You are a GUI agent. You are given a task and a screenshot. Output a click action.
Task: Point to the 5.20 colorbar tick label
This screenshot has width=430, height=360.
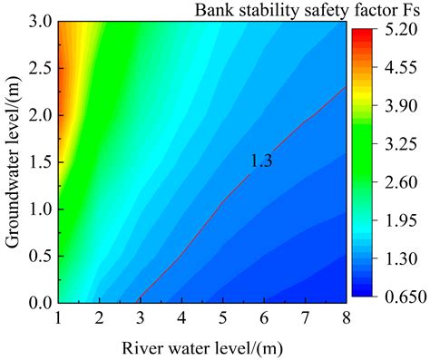click(401, 29)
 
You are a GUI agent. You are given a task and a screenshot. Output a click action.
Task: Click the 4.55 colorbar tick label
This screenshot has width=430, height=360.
click(401, 67)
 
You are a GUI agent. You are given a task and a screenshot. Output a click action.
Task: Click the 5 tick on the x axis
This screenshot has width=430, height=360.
click(224, 318)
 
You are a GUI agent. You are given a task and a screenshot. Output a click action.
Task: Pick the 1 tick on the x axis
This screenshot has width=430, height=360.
click(59, 318)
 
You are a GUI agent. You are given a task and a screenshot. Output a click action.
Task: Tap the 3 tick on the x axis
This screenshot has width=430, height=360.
click(142, 318)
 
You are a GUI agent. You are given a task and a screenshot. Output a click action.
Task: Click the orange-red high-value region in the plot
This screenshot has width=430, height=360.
click(65, 100)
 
